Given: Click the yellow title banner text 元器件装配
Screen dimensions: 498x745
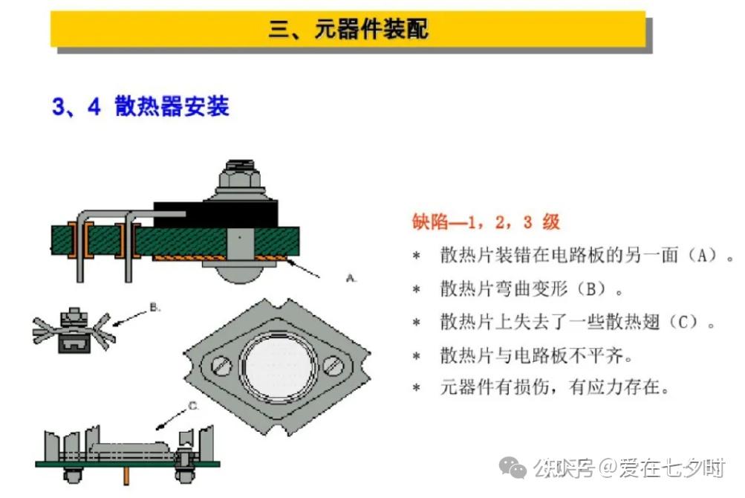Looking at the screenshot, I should (x=349, y=30).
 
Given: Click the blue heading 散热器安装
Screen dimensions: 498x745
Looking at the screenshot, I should (x=172, y=106).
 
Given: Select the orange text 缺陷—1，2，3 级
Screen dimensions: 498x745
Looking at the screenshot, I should (x=486, y=221).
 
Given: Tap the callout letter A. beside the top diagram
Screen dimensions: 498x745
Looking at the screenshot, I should (x=351, y=277).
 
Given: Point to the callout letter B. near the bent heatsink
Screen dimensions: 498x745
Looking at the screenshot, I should (x=154, y=305).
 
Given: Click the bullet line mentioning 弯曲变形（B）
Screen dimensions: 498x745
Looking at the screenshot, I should (x=532, y=288).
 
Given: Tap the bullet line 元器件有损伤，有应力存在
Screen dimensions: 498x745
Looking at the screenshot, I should (x=554, y=387).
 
